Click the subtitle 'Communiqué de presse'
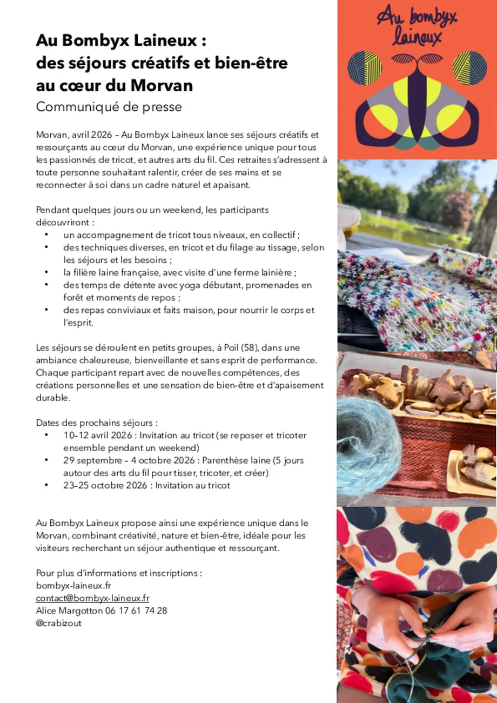point(109,107)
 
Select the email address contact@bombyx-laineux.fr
point(92,598)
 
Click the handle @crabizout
point(59,623)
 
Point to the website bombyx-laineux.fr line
point(73,586)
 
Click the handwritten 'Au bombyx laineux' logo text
point(417,28)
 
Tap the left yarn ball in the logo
point(365,69)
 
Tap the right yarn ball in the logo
point(469,69)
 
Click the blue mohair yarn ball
point(367,444)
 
